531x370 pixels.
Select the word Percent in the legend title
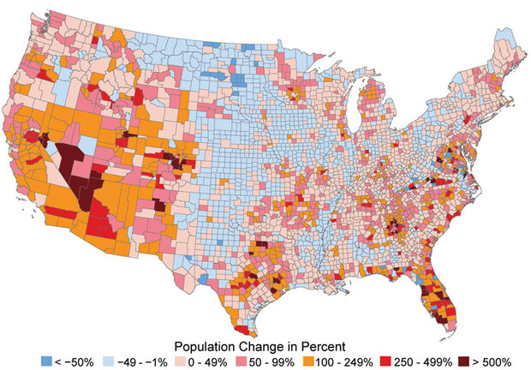[324, 345]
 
